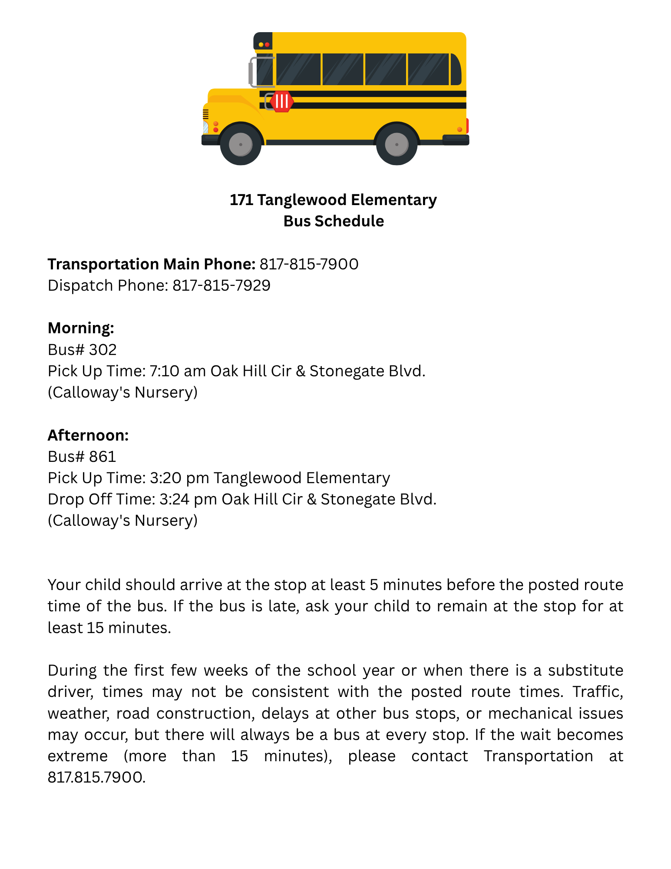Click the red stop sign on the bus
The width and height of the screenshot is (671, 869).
[281, 102]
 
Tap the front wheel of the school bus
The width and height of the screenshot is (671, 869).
[241, 144]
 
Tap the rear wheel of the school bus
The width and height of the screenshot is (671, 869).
[397, 144]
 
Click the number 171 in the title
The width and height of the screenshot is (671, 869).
[241, 200]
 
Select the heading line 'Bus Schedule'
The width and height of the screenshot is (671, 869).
[334, 221]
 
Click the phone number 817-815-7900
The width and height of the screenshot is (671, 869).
[309, 264]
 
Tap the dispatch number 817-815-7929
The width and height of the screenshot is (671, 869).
[221, 285]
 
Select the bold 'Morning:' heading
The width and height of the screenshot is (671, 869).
[81, 328]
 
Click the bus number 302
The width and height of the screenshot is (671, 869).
[103, 350]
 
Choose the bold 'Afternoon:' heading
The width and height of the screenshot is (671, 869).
[88, 435]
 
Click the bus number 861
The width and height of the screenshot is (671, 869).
[103, 457]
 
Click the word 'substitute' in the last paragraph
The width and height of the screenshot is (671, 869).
[585, 670]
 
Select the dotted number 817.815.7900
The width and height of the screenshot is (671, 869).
[96, 777]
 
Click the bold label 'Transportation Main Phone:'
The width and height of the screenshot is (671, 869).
[151, 264]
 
